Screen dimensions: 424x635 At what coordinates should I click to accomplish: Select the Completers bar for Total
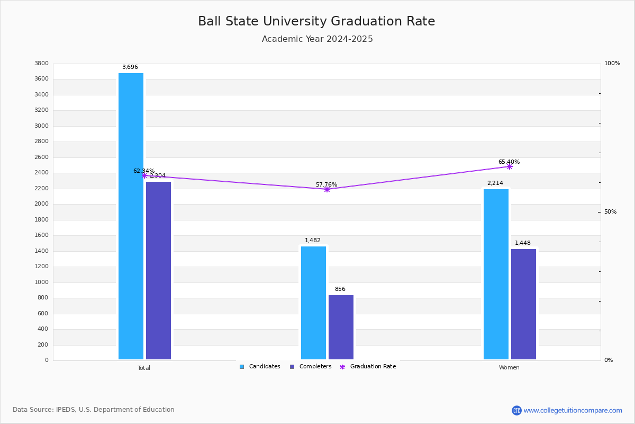[158, 270]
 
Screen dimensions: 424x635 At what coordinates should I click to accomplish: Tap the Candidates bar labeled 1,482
[313, 303]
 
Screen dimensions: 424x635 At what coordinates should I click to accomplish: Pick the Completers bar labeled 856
[341, 327]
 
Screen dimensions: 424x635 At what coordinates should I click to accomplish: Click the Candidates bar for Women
[496, 274]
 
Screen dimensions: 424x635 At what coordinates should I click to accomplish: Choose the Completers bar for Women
[523, 304]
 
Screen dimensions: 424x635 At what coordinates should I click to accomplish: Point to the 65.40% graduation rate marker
[509, 166]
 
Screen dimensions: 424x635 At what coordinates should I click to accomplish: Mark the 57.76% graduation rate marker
[326, 189]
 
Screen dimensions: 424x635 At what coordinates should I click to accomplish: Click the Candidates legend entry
[260, 367]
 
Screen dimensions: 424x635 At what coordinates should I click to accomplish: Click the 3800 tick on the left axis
[41, 64]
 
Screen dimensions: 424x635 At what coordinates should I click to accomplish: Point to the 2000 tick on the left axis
[41, 204]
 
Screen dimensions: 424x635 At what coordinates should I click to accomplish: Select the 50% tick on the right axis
[610, 212]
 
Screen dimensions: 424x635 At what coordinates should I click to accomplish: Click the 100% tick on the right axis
[612, 64]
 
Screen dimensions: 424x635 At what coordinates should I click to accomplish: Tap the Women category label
[509, 368]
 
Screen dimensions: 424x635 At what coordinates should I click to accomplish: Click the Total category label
[144, 368]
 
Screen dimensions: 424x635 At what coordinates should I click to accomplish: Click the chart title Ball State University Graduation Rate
[316, 21]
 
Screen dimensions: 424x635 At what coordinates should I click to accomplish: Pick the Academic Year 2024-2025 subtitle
[317, 39]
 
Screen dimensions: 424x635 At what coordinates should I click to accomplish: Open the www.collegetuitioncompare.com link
[573, 410]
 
